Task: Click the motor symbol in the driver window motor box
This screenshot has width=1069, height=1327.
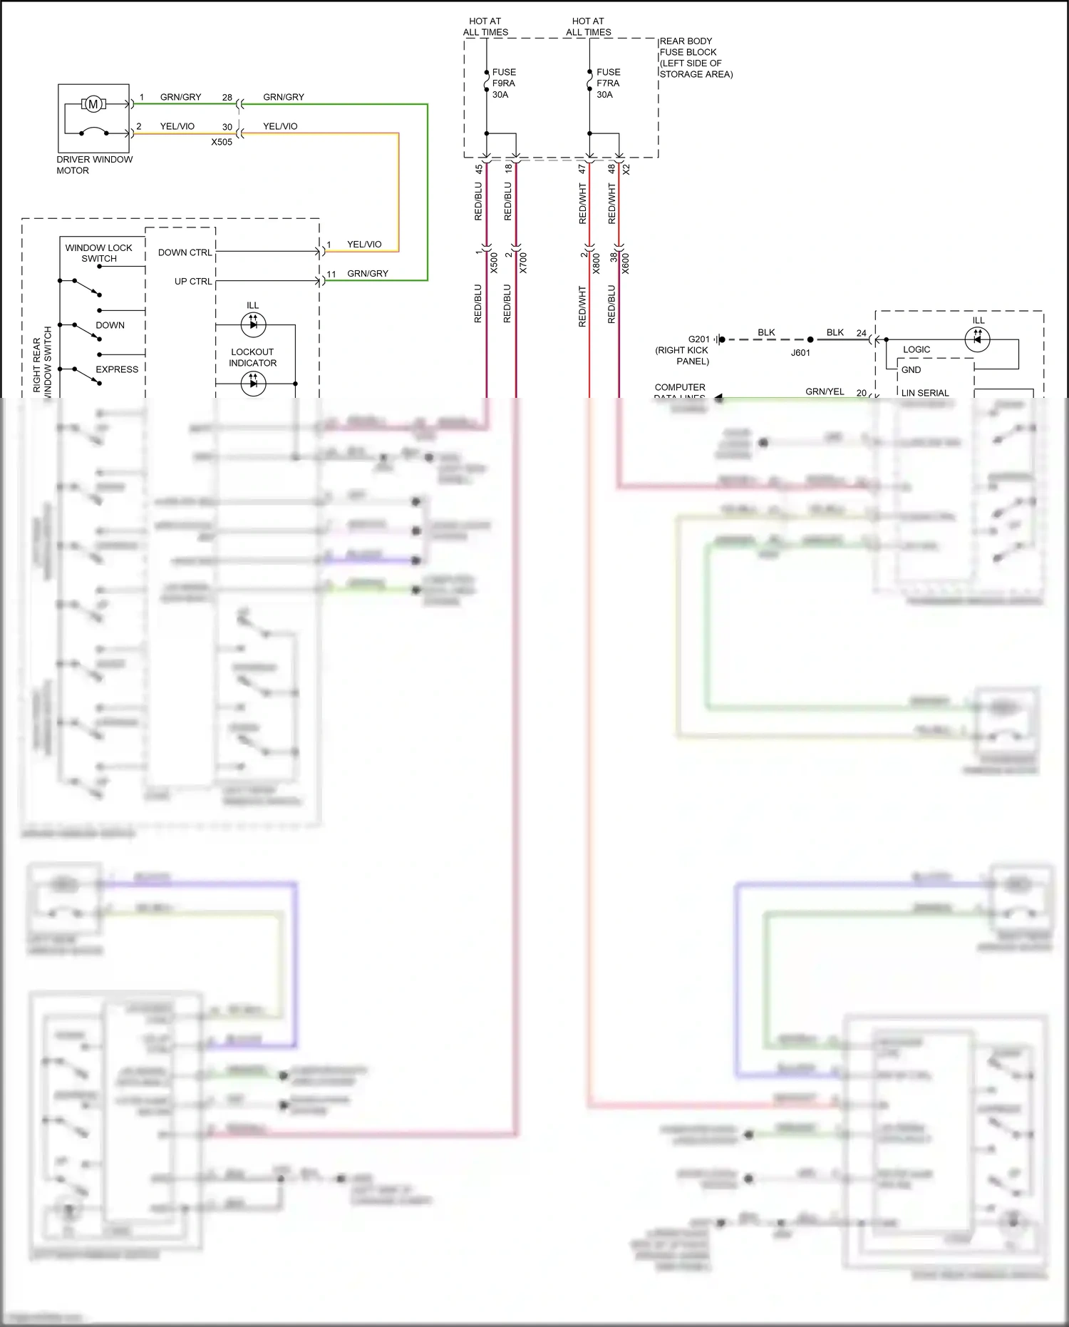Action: click(x=93, y=105)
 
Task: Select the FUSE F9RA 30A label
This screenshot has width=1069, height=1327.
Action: click(x=504, y=83)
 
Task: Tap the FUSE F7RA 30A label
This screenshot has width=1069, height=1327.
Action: click(x=608, y=83)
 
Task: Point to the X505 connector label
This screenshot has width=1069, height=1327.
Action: click(x=222, y=142)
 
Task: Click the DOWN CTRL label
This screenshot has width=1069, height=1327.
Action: click(x=185, y=252)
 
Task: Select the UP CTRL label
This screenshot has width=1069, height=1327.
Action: click(x=192, y=282)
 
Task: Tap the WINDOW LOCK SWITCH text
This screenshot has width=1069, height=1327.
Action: click(x=98, y=253)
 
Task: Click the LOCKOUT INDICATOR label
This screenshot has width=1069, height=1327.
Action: click(x=252, y=357)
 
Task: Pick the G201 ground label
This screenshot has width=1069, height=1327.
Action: click(x=698, y=339)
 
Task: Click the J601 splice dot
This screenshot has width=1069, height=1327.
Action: click(x=810, y=340)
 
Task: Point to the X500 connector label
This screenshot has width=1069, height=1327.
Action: click(x=494, y=263)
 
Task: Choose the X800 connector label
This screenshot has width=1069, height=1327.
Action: click(x=597, y=263)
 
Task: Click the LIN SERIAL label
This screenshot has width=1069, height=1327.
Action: click(x=924, y=393)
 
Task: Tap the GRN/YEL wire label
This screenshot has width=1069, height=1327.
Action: click(x=825, y=391)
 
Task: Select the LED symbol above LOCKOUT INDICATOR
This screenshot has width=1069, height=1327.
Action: click(x=253, y=325)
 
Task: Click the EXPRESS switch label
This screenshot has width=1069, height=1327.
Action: click(x=117, y=369)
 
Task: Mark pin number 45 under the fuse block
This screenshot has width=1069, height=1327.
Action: click(x=479, y=169)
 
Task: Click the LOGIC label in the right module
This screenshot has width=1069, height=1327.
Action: click(x=916, y=349)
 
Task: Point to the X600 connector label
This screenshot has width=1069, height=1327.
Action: click(x=626, y=263)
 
